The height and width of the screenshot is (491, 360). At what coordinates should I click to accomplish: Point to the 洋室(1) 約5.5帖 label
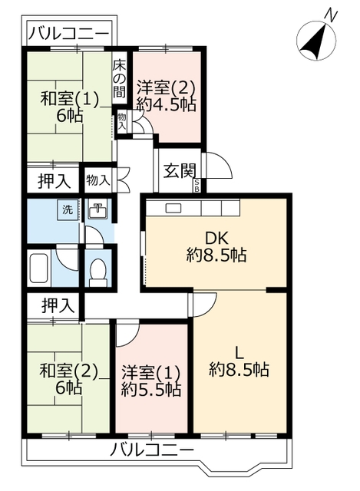151,381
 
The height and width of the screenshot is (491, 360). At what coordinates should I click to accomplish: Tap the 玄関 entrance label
178,171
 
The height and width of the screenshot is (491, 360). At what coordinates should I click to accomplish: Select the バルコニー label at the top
68,35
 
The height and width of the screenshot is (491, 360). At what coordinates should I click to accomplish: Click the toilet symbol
97,270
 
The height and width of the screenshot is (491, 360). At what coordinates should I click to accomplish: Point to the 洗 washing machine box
67,210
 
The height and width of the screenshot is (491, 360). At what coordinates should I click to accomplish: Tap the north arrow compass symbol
315,38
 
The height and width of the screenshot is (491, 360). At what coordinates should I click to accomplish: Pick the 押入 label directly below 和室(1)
54,181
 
